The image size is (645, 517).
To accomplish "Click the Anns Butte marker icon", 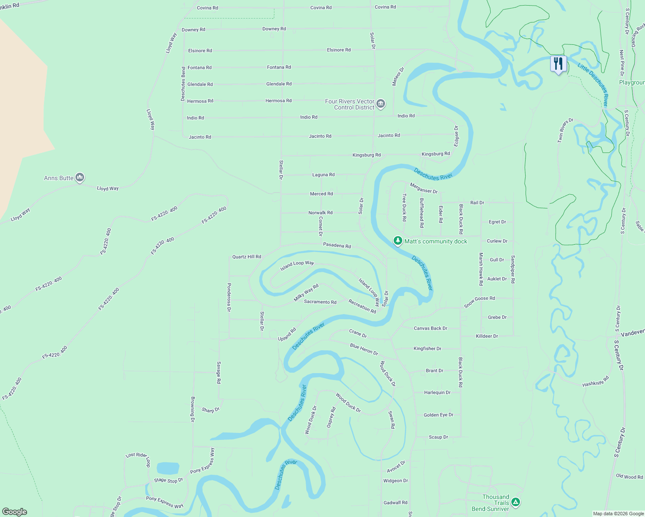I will click(x=80, y=178).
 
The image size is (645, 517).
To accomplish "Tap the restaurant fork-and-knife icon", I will click(x=558, y=64).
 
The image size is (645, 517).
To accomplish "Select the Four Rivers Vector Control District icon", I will click(x=380, y=104).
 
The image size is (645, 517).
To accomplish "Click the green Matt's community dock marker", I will click(x=398, y=241).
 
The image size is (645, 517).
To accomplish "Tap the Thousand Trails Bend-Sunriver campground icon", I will click(x=515, y=502).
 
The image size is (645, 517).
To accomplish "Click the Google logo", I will click(x=14, y=512).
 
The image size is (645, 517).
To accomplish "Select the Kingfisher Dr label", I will click(x=427, y=349).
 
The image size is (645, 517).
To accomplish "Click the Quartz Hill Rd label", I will click(x=247, y=257).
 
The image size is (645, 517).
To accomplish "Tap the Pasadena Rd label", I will click(x=337, y=245).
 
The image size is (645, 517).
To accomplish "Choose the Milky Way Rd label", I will click(x=306, y=293).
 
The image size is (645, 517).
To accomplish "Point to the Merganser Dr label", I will click(x=423, y=188).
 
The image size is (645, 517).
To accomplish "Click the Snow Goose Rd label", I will click(x=479, y=301).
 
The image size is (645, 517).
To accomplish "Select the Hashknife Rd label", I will click(x=595, y=381).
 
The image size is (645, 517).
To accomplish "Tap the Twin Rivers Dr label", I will click(x=565, y=130).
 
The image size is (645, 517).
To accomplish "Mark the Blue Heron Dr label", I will click(x=364, y=349).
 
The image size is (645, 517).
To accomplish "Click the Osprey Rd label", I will click(x=332, y=417).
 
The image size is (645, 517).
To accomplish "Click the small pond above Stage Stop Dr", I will click(x=168, y=468).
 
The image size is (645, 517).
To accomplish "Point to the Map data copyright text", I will click(x=618, y=514).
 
